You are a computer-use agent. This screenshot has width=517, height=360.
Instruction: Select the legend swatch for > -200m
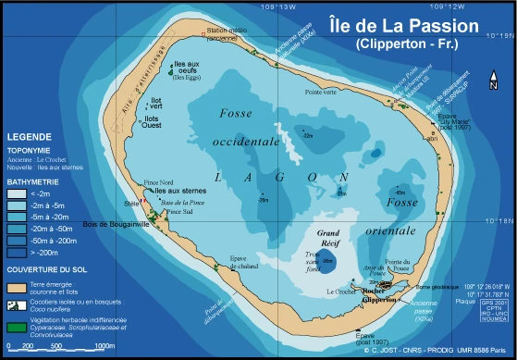15,250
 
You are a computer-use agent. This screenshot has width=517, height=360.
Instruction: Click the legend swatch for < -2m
15,194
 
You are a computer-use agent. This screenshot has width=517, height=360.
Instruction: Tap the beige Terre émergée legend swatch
15,287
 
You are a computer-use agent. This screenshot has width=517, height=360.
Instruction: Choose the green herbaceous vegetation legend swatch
15,325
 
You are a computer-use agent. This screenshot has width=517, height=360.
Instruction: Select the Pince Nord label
159,183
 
